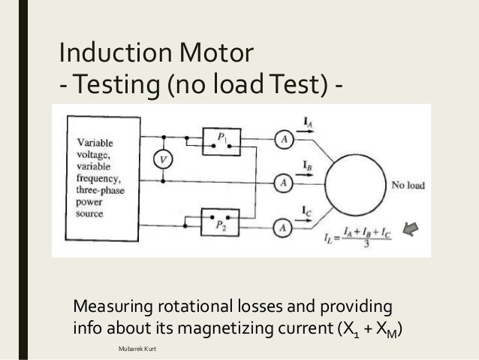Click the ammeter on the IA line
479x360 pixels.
[x=283, y=138]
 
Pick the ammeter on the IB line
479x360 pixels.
[x=283, y=181]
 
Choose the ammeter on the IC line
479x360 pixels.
[x=283, y=225]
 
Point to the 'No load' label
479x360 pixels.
[x=408, y=183]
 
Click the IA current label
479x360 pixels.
[x=307, y=119]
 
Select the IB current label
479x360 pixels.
[x=308, y=164]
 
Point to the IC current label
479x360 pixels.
[x=308, y=212]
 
